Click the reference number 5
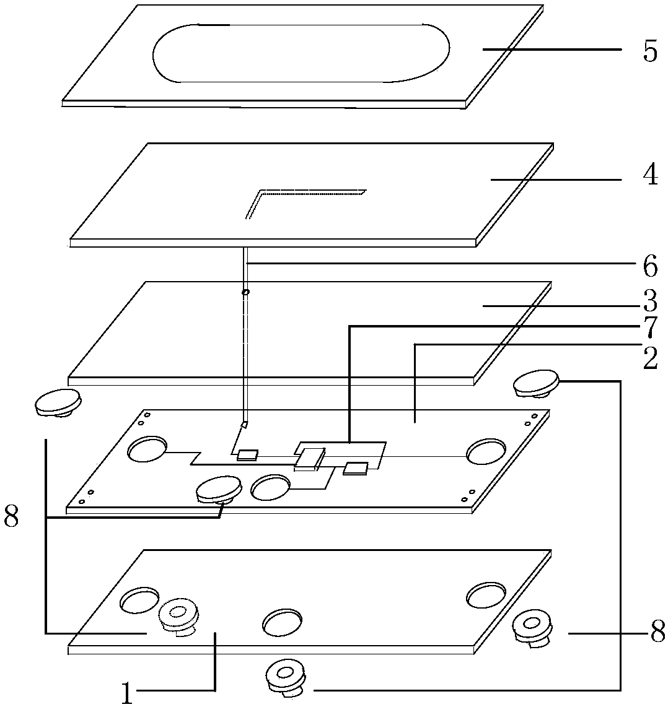tap(650, 51)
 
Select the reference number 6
tap(651, 267)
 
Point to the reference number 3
tap(651, 301)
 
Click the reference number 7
tap(651, 327)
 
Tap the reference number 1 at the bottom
tap(127, 693)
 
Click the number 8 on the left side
tap(11, 516)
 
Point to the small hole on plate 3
tap(245, 292)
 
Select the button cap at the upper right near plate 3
tap(537, 383)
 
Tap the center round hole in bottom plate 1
tap(282, 623)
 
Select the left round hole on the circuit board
tap(147, 449)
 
